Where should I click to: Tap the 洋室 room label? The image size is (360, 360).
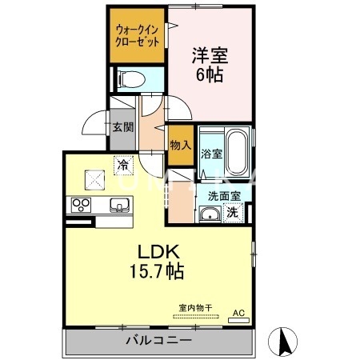[209, 56]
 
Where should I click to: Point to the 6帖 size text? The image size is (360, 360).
[209, 76]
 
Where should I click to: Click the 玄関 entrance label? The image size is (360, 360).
[122, 126]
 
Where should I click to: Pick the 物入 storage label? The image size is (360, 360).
[180, 146]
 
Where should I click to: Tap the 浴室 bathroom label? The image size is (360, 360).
[211, 153]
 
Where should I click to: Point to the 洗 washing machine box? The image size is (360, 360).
[233, 213]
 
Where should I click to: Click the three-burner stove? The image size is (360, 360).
[82, 205]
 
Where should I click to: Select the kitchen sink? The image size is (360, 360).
[118, 206]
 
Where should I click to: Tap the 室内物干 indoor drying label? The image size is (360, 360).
[189, 308]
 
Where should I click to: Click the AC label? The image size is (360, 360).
[238, 312]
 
